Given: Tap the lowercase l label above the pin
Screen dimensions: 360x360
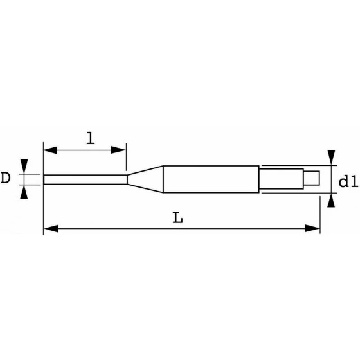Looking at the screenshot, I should (x=90, y=138).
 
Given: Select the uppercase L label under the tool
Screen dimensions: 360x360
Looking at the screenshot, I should (x=178, y=218).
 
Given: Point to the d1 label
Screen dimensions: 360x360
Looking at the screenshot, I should (x=348, y=182).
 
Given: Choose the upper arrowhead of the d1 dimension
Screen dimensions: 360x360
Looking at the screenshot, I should (x=331, y=156).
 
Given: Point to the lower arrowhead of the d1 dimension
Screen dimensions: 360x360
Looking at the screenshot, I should (x=331, y=201).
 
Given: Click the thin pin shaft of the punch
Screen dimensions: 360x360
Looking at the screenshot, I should (x=84, y=178).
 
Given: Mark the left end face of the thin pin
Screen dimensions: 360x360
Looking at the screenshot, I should (x=44, y=178).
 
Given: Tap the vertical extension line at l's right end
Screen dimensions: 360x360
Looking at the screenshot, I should (x=127, y=161).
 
